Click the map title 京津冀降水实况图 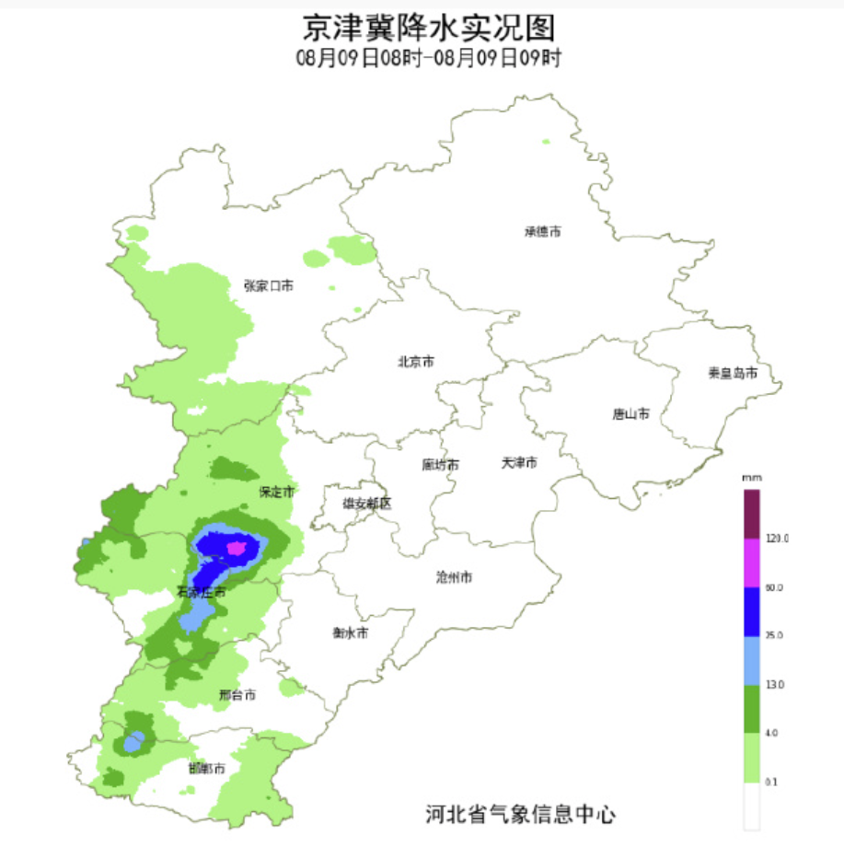(429, 28)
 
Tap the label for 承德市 (543, 232)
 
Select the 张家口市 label (269, 286)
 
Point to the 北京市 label (416, 362)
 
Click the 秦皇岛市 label (733, 373)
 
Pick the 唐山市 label (630, 414)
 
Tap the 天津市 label (519, 461)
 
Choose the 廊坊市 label (440, 465)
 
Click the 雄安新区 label (367, 504)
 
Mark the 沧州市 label (454, 578)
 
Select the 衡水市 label (351, 633)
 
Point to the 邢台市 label (237, 695)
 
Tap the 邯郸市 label (207, 768)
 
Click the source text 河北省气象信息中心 (520, 814)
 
